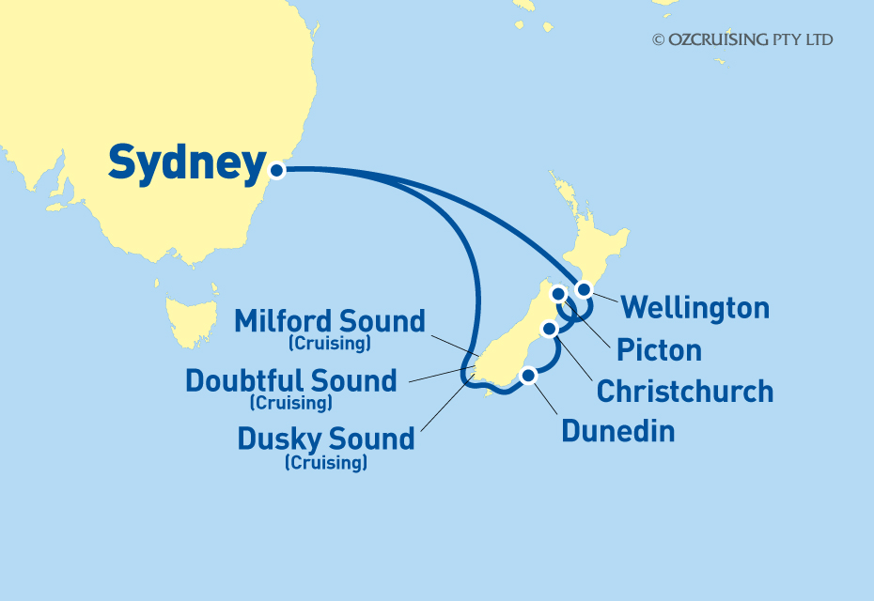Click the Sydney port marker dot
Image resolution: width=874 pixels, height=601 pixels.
tap(276, 171)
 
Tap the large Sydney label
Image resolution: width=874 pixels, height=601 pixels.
tap(187, 163)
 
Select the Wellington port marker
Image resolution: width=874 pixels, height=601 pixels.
tap(584, 289)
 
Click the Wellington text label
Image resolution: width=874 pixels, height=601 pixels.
tap(695, 307)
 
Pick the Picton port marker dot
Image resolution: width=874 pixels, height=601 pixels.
tap(558, 294)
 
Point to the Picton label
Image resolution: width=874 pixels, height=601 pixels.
tap(659, 350)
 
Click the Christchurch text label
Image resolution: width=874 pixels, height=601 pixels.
tap(685, 391)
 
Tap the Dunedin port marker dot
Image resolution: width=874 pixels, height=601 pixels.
tap(529, 375)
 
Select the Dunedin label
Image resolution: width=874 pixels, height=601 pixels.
tap(617, 431)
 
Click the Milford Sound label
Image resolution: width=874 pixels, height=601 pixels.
tap(330, 321)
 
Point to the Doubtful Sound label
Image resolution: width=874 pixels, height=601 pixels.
tap(291, 380)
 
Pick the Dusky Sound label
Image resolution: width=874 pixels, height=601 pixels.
tap(326, 439)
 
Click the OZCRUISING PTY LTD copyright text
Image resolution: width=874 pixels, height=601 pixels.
tap(742, 39)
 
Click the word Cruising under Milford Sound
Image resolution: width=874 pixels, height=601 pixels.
tap(330, 344)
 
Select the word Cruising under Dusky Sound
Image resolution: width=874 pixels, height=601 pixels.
tap(326, 462)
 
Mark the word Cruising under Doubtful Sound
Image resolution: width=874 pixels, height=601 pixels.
tap(291, 403)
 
